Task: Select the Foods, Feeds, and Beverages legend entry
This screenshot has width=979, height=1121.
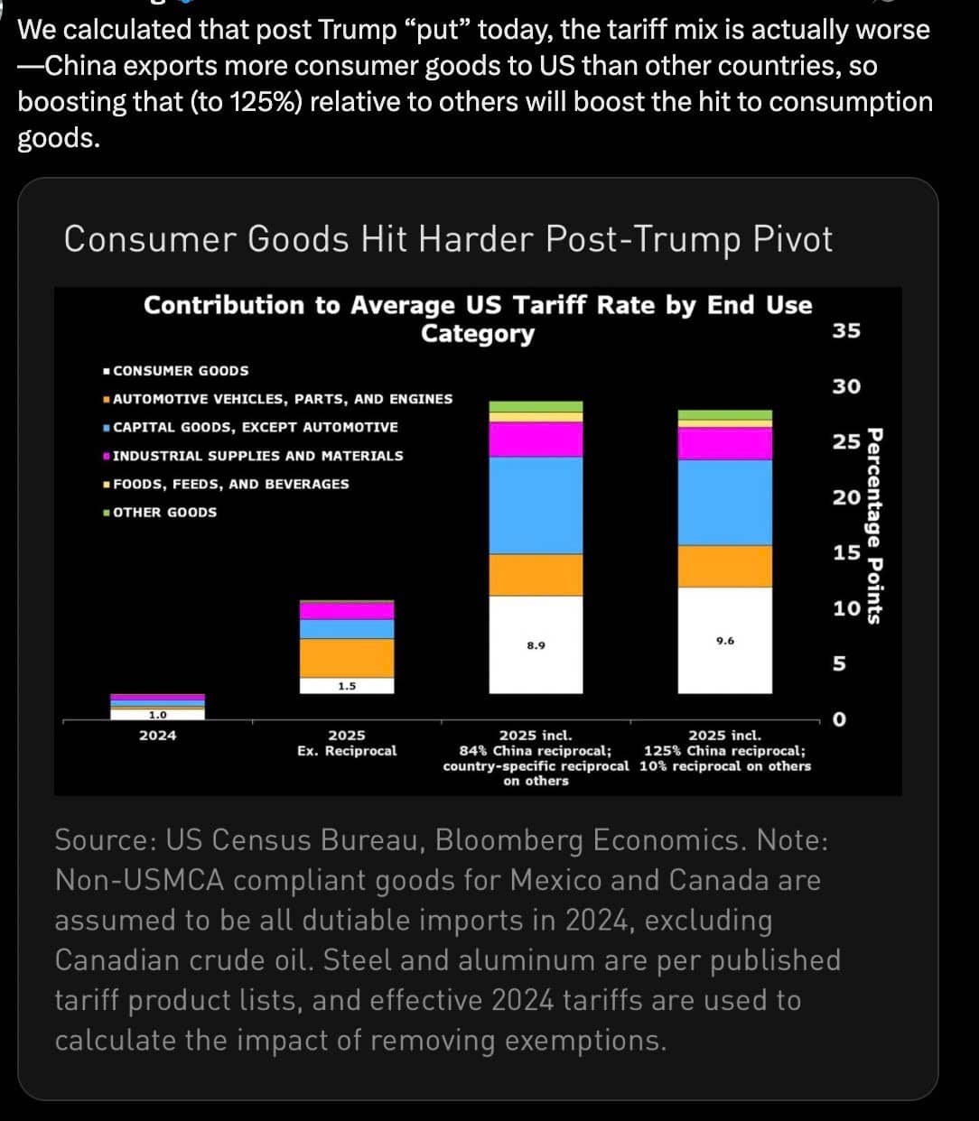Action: [230, 484]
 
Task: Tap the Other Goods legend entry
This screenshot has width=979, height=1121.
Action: [164, 513]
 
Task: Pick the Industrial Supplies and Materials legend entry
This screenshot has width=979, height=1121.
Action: [257, 456]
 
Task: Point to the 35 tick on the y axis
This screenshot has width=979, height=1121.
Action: [846, 330]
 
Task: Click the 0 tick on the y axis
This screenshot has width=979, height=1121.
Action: [840, 720]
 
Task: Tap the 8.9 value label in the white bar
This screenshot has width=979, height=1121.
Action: [536, 646]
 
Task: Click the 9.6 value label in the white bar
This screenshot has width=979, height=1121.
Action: [725, 641]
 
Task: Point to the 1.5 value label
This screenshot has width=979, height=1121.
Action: [347, 686]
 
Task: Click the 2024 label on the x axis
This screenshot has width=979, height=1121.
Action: [158, 736]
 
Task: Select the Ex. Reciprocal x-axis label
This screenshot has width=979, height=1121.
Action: [347, 751]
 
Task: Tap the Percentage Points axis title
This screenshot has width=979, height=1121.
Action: [875, 526]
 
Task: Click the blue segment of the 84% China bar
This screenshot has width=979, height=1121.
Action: [536, 505]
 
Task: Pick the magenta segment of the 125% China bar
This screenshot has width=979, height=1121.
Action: [725, 443]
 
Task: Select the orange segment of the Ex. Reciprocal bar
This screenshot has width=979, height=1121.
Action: [347, 658]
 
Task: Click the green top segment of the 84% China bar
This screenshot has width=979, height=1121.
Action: [536, 407]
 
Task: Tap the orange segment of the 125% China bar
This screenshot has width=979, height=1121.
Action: [725, 566]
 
